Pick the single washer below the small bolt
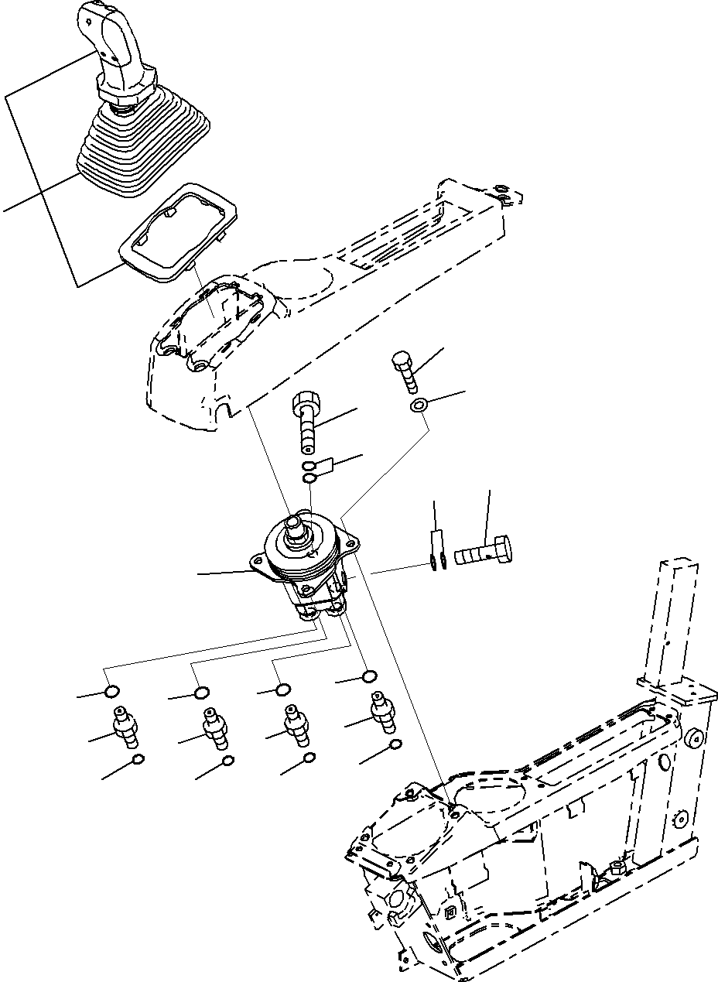[419, 405]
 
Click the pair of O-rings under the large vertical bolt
[309, 473]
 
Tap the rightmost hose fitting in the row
[381, 710]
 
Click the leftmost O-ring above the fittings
[112, 690]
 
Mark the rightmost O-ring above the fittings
[370, 677]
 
